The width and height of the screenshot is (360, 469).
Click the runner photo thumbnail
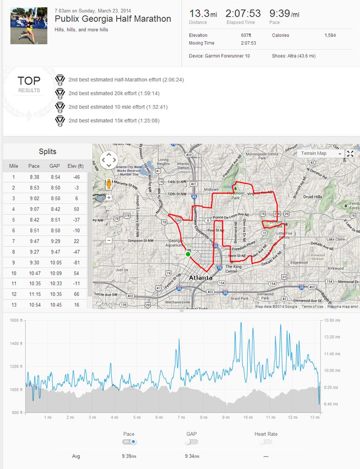click(29, 25)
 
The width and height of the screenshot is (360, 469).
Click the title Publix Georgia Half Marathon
click(112, 19)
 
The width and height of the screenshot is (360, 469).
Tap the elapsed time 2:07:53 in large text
click(243, 13)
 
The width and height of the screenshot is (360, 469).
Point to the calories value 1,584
click(330, 36)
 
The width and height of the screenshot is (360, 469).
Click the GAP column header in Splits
click(55, 166)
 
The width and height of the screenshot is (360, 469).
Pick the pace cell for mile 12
click(34, 294)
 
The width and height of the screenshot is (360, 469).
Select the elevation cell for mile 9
click(77, 262)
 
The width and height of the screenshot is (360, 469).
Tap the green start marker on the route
click(188, 254)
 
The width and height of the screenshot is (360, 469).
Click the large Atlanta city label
click(200, 278)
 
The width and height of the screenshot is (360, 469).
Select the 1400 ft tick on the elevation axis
click(16, 344)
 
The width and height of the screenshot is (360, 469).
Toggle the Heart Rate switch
click(266, 442)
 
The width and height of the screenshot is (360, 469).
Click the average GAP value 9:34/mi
click(192, 457)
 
